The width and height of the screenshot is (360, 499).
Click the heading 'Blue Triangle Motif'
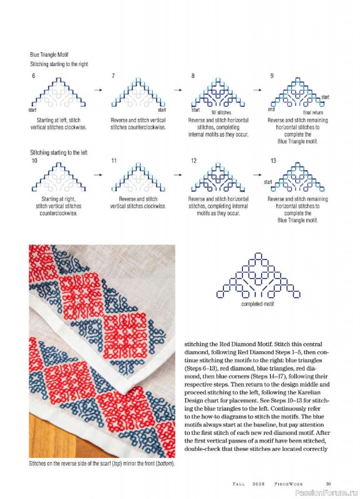[x=49, y=55]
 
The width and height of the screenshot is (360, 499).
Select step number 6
[x=34, y=75]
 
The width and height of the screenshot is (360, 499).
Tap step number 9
[x=272, y=75]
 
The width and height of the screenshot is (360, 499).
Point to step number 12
[x=194, y=161]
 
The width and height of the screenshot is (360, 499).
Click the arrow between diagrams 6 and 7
[x=98, y=90]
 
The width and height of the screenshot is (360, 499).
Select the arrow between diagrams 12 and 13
[x=258, y=175]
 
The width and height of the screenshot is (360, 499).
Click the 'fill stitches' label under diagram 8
[x=221, y=112]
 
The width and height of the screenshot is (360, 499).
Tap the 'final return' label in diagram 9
[x=313, y=112]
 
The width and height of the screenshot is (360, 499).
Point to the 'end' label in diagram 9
[x=271, y=109]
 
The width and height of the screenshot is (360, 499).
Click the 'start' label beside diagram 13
[x=268, y=182]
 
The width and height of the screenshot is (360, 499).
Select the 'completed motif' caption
[x=258, y=304]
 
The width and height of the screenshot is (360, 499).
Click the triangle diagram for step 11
[x=138, y=177]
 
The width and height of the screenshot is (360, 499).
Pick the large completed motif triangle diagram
[x=258, y=276]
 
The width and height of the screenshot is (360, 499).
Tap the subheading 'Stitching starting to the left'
[x=59, y=152]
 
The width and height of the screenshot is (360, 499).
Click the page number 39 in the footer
[x=328, y=484]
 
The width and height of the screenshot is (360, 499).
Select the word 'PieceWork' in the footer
[x=289, y=484]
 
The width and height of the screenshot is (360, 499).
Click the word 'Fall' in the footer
[x=239, y=484]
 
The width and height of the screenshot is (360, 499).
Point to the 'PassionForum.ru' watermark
[x=326, y=493]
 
